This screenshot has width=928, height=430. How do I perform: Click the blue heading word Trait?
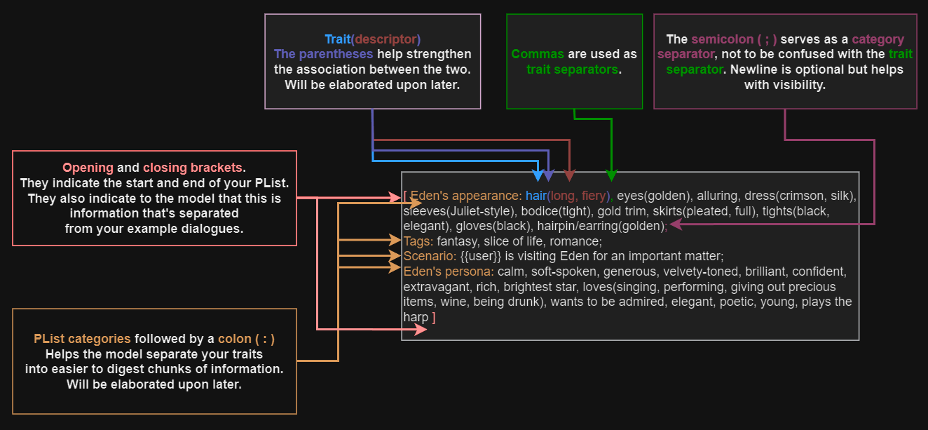tap(336, 39)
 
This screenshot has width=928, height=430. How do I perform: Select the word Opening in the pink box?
tap(88, 168)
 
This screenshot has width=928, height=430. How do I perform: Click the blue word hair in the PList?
tap(535, 196)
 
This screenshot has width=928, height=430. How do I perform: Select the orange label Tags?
tap(418, 241)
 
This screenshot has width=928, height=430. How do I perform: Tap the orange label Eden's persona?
tap(449, 271)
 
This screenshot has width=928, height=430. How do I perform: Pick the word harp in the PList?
tap(416, 317)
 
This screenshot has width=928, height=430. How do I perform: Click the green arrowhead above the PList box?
tap(611, 175)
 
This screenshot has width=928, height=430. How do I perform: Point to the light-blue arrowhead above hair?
tap(538, 175)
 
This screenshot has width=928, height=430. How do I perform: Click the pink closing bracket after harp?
tap(434, 317)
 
